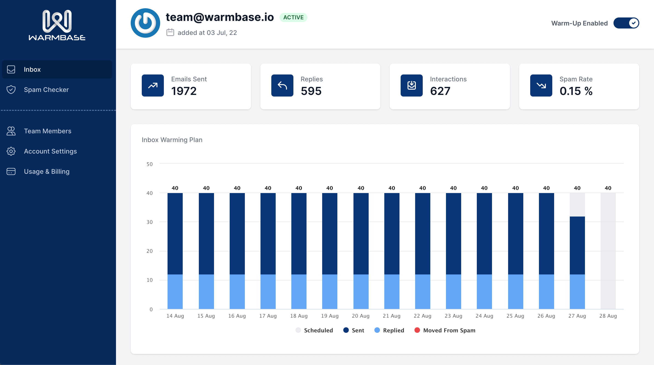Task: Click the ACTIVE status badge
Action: click(x=293, y=17)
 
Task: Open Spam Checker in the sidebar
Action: click(x=46, y=90)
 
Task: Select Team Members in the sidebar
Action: click(x=47, y=131)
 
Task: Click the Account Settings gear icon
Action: click(x=11, y=151)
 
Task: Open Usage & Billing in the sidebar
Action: click(x=46, y=171)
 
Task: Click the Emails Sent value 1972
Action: click(x=184, y=91)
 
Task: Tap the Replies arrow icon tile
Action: click(x=282, y=86)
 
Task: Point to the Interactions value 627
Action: click(x=440, y=91)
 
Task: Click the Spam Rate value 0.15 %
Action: click(x=576, y=91)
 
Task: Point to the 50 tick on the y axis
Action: click(x=150, y=164)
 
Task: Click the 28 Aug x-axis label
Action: click(x=608, y=316)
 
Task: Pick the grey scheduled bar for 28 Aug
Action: click(x=608, y=251)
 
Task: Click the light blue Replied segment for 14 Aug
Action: click(x=175, y=292)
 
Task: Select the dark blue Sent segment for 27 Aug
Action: click(x=577, y=245)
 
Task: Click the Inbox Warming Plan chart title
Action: click(x=172, y=140)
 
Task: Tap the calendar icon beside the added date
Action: click(x=170, y=32)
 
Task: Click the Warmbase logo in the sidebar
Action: click(x=57, y=25)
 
